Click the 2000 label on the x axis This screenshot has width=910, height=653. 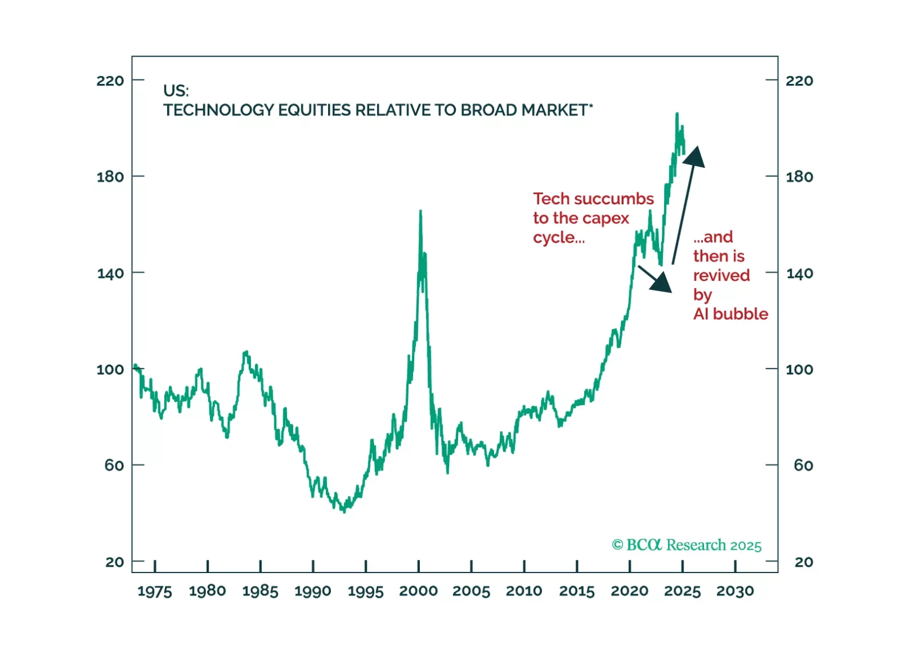418,591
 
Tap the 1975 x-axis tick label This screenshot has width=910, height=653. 155,591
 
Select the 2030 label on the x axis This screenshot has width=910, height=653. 735,591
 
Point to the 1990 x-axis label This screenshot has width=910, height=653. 313,591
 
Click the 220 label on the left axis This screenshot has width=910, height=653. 110,80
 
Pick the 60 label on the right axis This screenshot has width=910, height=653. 803,465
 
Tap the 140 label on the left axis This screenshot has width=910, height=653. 110,273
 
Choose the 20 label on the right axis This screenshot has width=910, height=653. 803,562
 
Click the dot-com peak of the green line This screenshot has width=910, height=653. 420,211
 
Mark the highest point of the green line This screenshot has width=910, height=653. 677,114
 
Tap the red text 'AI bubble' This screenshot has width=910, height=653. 730,314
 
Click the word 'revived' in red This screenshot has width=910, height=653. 721,275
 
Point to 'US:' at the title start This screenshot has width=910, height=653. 176,91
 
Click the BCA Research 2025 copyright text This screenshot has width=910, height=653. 686,545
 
